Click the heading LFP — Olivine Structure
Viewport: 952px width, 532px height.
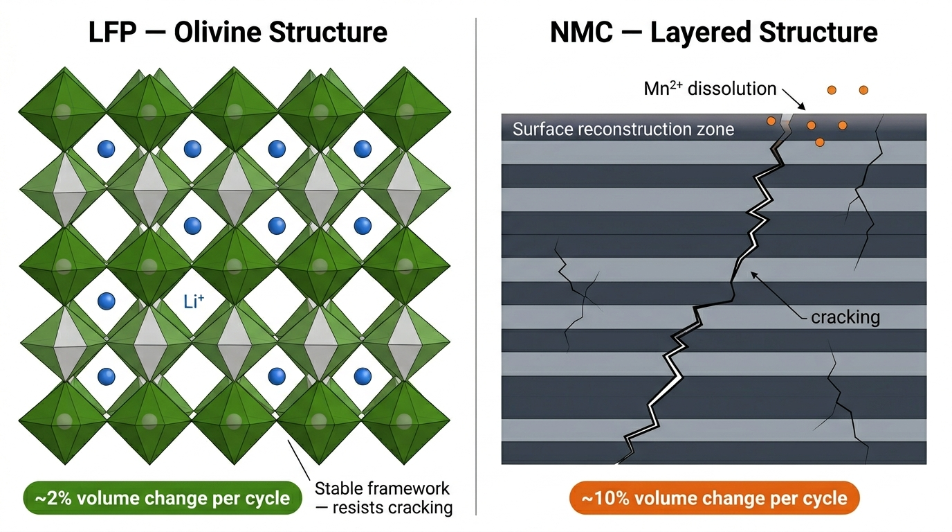pos(238,33)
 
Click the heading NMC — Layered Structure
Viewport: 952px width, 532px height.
pos(713,33)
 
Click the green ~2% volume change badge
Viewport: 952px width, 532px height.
pos(163,498)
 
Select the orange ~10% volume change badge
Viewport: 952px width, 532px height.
pos(713,498)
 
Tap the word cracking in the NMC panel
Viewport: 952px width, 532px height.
pos(845,317)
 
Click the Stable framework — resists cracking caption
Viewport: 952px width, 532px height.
pos(383,498)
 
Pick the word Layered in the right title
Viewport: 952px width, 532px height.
pos(693,33)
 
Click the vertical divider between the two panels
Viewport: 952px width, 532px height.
pos(476,277)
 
